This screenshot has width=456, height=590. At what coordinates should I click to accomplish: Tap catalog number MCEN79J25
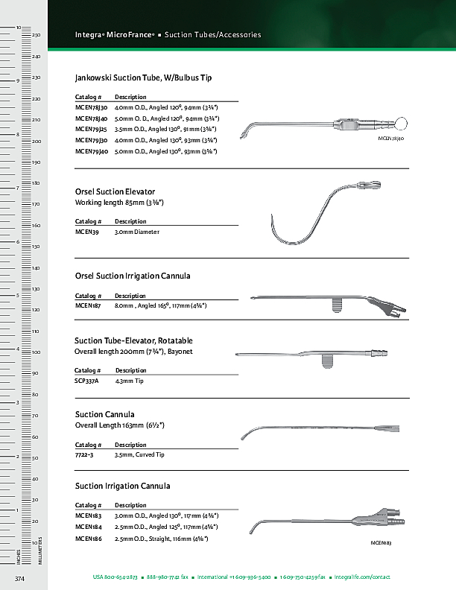coord(92,130)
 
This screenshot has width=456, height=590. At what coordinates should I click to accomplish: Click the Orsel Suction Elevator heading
coord(115,192)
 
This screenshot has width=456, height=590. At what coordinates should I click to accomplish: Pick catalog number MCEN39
coord(87,232)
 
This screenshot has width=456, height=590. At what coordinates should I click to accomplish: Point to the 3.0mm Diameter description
coord(137,232)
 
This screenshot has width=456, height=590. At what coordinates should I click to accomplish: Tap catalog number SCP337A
coord(88,381)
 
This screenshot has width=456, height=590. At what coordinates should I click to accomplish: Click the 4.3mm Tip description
coord(129,381)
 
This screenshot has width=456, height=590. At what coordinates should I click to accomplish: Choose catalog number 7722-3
coord(84,454)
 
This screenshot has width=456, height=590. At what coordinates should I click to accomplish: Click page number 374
coord(21,578)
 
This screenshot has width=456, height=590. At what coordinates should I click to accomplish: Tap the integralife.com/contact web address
coord(363,577)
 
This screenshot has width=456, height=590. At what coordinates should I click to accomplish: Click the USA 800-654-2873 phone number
coord(115,577)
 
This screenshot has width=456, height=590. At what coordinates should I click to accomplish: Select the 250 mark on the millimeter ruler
coord(36,36)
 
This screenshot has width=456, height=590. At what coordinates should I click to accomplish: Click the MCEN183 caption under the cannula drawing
coord(381,544)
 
